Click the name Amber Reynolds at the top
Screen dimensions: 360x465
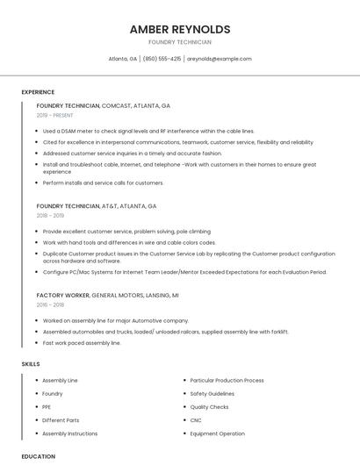point(180,29)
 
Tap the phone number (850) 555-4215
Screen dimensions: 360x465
point(162,59)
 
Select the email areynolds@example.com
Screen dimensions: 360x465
point(220,59)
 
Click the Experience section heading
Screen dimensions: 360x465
point(38,92)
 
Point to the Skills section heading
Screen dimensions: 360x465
point(31,363)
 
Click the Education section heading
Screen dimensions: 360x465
point(39,456)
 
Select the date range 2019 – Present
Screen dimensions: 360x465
point(55,116)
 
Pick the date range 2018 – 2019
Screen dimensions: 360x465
point(50,216)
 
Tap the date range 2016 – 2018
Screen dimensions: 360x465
point(50,305)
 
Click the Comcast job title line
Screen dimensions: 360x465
point(104,105)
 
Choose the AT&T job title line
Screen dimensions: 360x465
point(97,206)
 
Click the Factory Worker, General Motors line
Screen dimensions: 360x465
point(107,296)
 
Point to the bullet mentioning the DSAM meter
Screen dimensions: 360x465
point(148,132)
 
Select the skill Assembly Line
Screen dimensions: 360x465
point(60,381)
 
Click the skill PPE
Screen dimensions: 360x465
point(47,407)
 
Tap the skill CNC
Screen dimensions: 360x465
point(196,420)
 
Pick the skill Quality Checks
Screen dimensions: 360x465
point(209,407)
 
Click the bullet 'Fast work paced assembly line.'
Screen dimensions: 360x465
point(82,343)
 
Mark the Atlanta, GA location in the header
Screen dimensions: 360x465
point(123,59)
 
